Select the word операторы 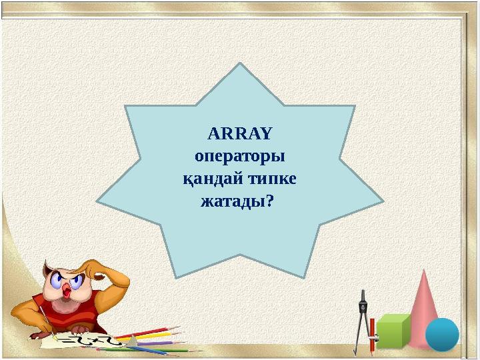click(x=240, y=157)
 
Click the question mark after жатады click(x=269, y=201)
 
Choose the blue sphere click(x=442, y=335)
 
